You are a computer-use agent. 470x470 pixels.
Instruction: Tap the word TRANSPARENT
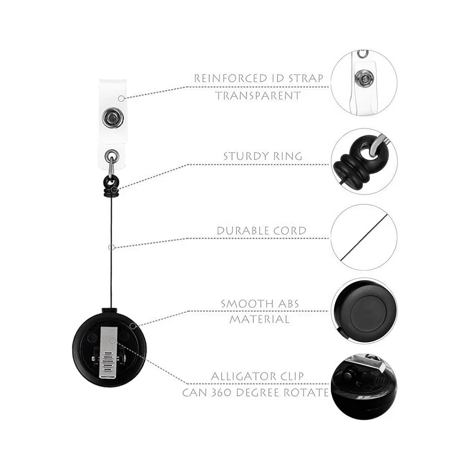click(x=258, y=96)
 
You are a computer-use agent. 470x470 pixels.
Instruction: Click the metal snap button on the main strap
click(x=110, y=116)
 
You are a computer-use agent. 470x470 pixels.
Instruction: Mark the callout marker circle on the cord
click(x=111, y=248)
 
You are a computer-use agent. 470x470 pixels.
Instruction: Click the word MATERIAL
click(x=259, y=319)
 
